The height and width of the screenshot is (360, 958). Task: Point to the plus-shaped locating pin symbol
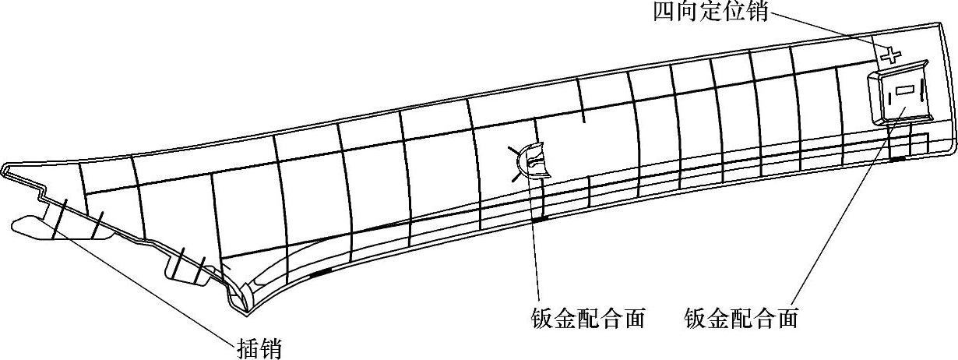[x=891, y=55]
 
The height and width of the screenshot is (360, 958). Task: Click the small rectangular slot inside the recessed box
[x=904, y=90]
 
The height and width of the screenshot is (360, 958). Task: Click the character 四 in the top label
[x=667, y=13]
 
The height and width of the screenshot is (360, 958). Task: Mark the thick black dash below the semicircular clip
[x=538, y=219]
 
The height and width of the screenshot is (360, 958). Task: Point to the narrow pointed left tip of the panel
[x=6, y=168]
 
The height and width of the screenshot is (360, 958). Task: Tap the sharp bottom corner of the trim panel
[x=245, y=312]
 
